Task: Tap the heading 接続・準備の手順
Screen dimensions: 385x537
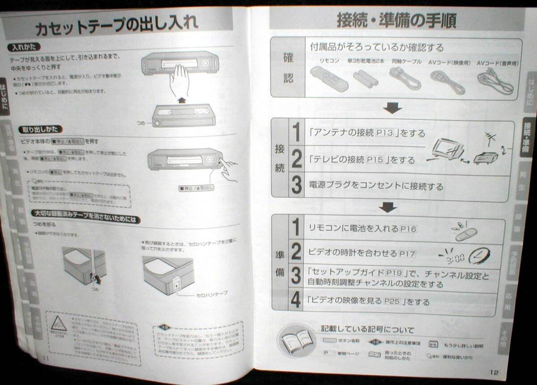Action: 396,21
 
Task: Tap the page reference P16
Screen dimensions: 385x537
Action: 408,229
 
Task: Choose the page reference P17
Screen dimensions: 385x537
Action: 406,254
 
